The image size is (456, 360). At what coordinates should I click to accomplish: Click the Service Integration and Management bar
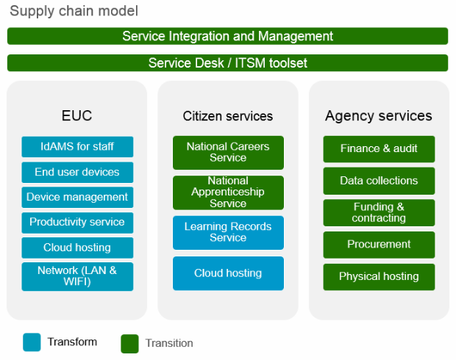[227, 36]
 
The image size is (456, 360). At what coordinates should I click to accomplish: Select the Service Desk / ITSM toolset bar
[227, 62]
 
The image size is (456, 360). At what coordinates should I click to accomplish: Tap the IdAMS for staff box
[77, 147]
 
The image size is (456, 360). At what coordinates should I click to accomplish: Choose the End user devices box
[77, 173]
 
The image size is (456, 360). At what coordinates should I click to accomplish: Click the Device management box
[77, 198]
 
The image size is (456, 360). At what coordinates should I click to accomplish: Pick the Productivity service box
[77, 223]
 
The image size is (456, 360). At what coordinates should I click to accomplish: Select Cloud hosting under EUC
[77, 248]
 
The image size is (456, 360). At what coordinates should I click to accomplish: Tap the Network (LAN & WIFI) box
[77, 276]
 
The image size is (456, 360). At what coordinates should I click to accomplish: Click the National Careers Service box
[228, 153]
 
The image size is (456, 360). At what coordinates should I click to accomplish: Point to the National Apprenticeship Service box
[228, 192]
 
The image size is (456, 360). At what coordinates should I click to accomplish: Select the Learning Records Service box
[228, 233]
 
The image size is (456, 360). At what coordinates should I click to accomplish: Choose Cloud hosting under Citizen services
[228, 273]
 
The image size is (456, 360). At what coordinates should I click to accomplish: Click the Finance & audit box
[379, 149]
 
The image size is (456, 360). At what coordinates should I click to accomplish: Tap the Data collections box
[379, 181]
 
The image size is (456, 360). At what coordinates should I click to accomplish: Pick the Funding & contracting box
[379, 212]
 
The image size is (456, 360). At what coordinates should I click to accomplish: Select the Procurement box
[379, 245]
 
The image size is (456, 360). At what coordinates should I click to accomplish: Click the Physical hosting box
[379, 277]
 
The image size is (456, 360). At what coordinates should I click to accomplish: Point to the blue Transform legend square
[32, 342]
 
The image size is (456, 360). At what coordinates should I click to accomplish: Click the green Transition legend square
[129, 344]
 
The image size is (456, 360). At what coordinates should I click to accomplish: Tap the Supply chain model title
[74, 11]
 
